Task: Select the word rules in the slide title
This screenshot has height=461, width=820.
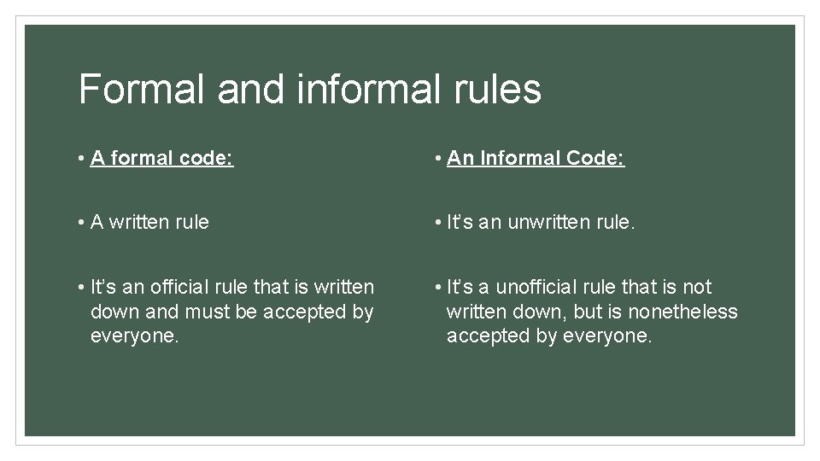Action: (498, 89)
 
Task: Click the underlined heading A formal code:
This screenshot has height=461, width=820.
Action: (161, 158)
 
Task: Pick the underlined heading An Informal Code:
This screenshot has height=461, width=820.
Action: (536, 158)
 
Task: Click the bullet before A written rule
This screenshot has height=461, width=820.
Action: (79, 223)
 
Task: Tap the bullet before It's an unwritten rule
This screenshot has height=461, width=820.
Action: (436, 223)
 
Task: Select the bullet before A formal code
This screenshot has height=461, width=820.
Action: (79, 158)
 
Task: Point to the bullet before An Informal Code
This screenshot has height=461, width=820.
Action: (436, 158)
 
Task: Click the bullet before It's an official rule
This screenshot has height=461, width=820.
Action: (79, 287)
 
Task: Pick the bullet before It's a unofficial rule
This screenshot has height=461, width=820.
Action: (436, 287)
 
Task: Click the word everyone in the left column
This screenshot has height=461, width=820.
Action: (134, 336)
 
